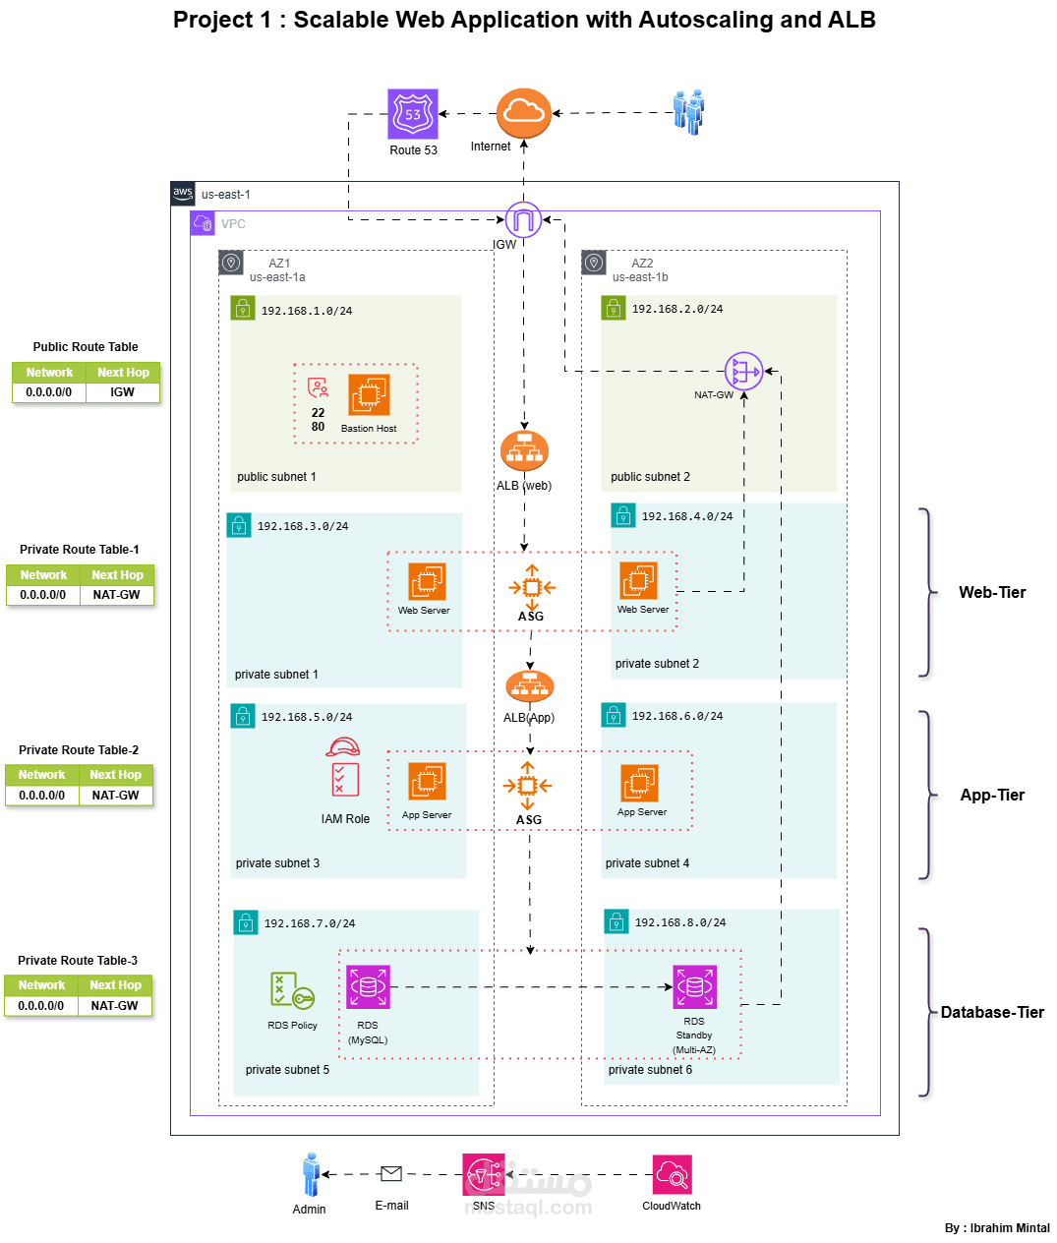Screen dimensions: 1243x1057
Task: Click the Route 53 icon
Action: (x=413, y=114)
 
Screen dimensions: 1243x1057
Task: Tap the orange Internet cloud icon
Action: (x=523, y=113)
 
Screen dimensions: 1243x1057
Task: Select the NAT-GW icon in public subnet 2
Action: (x=743, y=372)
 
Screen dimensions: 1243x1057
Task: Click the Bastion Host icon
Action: (x=369, y=395)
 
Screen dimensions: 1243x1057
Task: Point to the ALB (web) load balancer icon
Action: (x=524, y=451)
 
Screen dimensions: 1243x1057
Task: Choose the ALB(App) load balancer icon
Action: (x=530, y=686)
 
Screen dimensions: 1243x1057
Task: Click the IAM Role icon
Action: (x=342, y=768)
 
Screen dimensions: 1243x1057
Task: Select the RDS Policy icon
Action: (x=291, y=990)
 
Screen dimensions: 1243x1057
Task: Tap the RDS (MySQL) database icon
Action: (x=368, y=987)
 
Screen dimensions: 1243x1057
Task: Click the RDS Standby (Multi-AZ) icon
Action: (x=694, y=987)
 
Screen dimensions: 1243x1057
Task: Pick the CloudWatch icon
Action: (x=672, y=1174)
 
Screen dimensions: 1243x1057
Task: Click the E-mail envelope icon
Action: (x=391, y=1173)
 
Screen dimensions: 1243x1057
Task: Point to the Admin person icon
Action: (x=311, y=1174)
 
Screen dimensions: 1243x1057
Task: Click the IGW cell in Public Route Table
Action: (x=123, y=392)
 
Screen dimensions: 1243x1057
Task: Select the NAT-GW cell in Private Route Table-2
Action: (x=116, y=796)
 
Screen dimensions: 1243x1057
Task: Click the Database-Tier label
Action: (x=992, y=1012)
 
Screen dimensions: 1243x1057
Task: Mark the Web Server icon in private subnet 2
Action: (x=638, y=580)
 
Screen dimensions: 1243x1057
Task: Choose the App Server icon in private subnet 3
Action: (x=427, y=782)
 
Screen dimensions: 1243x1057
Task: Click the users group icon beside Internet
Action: (x=688, y=111)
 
